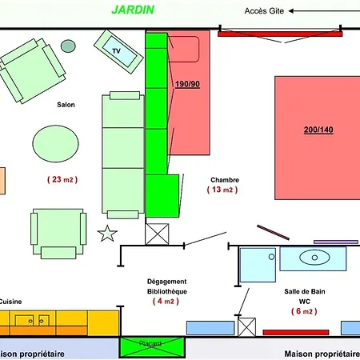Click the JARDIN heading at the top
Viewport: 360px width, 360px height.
tap(132, 10)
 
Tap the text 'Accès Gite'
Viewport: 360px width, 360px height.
tap(265, 11)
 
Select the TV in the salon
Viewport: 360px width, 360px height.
tap(118, 50)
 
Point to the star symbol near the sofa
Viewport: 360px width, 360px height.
tap(106, 234)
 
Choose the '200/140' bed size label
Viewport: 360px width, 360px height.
tap(318, 130)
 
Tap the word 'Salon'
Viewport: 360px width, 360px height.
tap(66, 105)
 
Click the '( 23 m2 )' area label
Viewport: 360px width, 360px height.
tap(61, 180)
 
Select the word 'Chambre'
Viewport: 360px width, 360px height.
tap(225, 180)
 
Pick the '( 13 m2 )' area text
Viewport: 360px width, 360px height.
tap(222, 190)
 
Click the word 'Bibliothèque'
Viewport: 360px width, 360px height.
tap(167, 291)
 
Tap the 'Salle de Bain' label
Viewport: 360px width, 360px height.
tap(305, 291)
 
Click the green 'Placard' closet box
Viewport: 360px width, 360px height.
tap(151, 346)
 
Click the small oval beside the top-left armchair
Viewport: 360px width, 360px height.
tap(67, 46)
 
